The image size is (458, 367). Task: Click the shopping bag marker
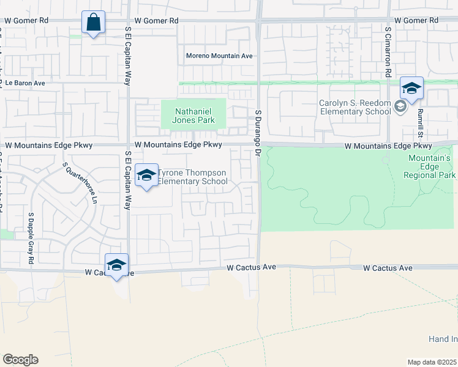click(x=94, y=23)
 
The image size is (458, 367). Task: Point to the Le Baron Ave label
click(x=23, y=83)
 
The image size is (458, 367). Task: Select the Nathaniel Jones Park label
click(x=193, y=116)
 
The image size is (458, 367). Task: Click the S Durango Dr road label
click(x=258, y=132)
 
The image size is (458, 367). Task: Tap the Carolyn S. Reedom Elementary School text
click(x=355, y=107)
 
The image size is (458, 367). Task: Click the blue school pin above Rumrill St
click(x=411, y=89)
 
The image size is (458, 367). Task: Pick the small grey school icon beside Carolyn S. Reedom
click(x=400, y=107)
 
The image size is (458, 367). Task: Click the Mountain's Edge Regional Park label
click(x=430, y=166)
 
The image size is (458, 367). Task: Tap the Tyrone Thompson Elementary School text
click(x=192, y=177)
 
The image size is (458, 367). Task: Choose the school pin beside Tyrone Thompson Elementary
click(x=146, y=176)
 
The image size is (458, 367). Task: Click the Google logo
click(x=20, y=360)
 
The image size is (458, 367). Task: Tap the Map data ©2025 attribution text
click(x=432, y=362)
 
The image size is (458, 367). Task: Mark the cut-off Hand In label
click(x=443, y=339)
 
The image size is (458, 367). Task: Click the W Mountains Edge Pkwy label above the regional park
click(x=388, y=146)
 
